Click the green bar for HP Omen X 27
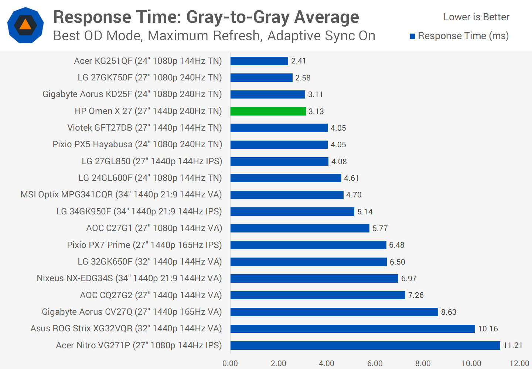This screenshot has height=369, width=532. point(268,111)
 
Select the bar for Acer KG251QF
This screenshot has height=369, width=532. point(259,61)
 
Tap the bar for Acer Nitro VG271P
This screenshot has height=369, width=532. point(365,345)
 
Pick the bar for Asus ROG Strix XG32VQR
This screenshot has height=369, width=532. point(352,328)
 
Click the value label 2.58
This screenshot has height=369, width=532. point(303,78)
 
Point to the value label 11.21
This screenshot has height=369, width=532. point(513,345)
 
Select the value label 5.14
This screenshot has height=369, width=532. point(365,212)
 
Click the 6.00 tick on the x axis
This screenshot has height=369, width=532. point(375,363)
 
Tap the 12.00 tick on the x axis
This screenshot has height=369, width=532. point(519,363)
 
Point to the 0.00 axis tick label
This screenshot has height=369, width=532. point(230,363)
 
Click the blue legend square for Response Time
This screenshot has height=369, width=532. point(413,36)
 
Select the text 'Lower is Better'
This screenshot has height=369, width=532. point(476,17)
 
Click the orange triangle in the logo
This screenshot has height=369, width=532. point(25,25)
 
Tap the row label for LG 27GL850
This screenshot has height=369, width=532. point(152,161)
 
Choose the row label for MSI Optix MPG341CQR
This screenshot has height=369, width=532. point(121,194)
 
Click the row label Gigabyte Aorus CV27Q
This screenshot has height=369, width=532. point(132,312)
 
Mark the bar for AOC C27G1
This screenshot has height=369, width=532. point(300,228)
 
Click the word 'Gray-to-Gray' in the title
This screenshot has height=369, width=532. point(238,17)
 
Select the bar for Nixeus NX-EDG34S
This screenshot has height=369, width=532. point(314,278)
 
